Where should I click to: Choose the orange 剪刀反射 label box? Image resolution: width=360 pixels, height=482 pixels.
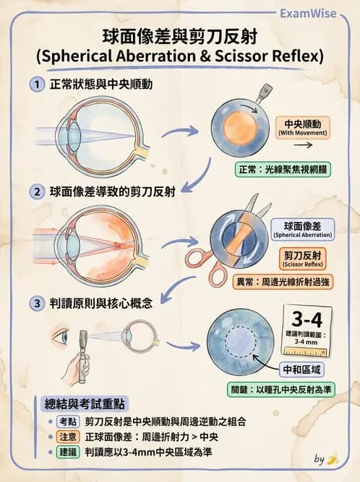pyautogui.click(x=303, y=259)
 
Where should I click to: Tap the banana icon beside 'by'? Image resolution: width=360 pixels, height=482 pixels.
pyautogui.click(x=333, y=458)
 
